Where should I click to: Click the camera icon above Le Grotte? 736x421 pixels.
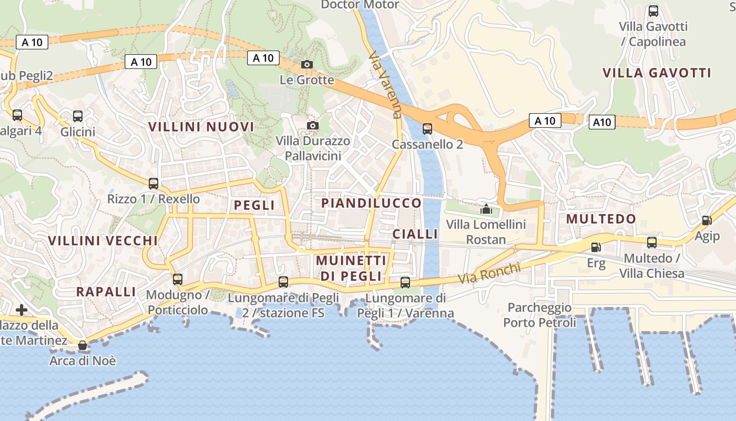307,65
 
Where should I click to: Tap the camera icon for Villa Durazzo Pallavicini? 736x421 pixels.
313,126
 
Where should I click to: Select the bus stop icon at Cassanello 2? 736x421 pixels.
427,129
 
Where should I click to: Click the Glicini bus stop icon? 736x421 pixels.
78,116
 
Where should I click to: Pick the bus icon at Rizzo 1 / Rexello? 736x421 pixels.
153,184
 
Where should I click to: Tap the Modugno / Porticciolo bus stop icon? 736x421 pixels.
178,279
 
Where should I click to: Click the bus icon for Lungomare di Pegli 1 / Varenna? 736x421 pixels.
405,283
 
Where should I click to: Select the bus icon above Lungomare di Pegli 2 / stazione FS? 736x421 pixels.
283,282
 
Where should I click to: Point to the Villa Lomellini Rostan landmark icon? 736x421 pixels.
486,209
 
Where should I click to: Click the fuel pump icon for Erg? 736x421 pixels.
596,247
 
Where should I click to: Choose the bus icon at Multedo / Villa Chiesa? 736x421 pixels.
652,243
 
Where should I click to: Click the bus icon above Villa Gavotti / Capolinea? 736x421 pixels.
653,11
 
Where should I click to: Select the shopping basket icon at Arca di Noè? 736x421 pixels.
83,346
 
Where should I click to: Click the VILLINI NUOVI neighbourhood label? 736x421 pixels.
201,127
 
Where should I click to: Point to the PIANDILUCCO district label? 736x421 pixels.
371,203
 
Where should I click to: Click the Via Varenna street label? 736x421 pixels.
385,84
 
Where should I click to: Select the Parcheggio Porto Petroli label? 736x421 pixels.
539,315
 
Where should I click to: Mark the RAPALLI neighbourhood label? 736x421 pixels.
106,292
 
